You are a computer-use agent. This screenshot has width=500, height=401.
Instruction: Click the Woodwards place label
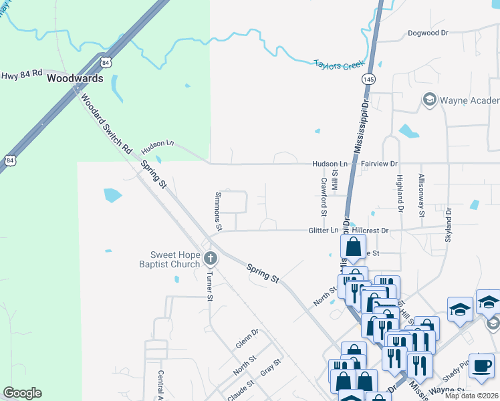(75, 78)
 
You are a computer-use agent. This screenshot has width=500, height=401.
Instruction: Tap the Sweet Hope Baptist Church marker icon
(210, 258)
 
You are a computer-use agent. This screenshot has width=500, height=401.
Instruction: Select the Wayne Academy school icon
(429, 100)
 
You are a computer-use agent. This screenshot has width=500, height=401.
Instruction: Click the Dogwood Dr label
(430, 33)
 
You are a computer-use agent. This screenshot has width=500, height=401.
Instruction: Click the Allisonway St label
(421, 195)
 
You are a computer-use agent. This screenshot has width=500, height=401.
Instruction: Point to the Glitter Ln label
(324, 231)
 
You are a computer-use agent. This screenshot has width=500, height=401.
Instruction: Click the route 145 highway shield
(368, 79)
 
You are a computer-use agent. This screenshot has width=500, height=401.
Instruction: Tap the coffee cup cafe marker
(481, 366)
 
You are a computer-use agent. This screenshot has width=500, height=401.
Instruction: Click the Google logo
(22, 393)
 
